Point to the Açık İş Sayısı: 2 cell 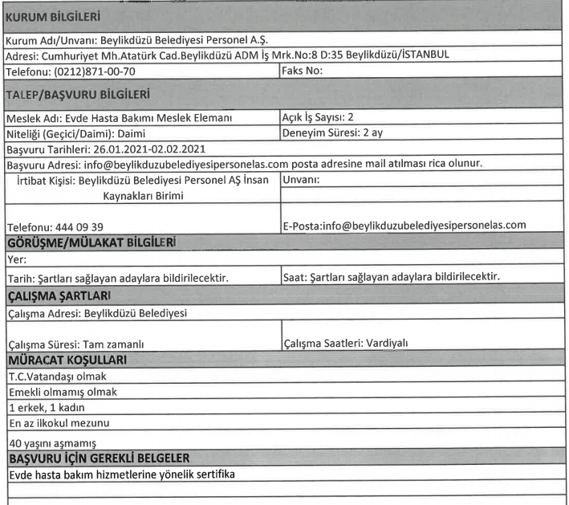(319, 118)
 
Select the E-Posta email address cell (404, 225)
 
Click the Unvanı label (302, 179)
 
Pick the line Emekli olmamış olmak (62, 391)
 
